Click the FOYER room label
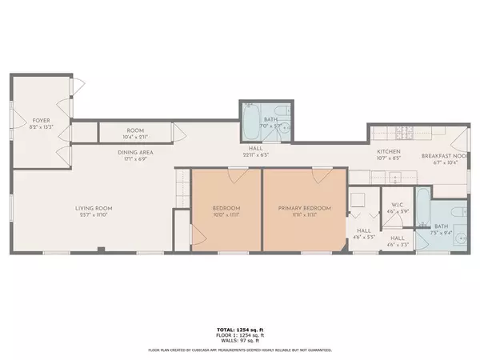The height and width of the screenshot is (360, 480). point(18,121)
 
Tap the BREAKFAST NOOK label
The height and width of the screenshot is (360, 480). point(445,156)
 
